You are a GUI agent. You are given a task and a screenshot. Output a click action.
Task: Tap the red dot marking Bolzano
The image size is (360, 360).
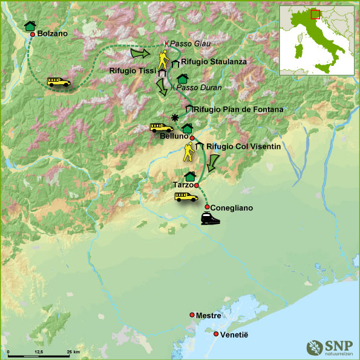coord(33,34)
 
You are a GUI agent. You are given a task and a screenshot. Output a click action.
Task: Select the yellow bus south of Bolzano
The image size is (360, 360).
coord(59,82)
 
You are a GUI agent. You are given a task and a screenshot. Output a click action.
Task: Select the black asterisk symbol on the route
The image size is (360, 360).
coord(175,117)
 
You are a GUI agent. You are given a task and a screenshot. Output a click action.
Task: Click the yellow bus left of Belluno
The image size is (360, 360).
coord(161,128)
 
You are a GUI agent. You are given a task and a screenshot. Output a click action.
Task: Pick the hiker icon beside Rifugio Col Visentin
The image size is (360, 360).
coord(190,151)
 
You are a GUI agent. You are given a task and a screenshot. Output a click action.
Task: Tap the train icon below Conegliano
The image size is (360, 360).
coord(210,218)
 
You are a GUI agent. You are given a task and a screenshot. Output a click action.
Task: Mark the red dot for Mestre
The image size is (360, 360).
coord(192,315)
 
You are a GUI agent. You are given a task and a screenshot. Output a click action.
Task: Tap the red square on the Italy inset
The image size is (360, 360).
coord(314,14)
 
